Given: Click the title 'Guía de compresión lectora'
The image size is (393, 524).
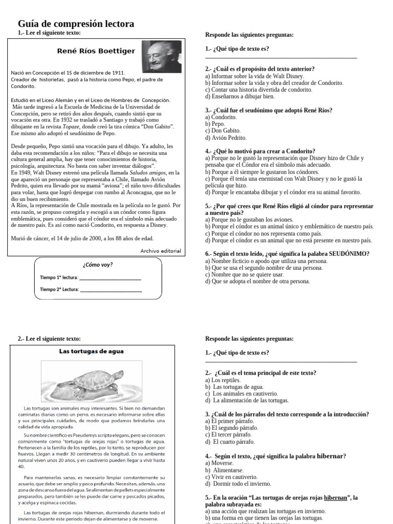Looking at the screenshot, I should (x=76, y=24).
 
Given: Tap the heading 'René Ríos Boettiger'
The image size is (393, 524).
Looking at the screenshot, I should (x=96, y=51).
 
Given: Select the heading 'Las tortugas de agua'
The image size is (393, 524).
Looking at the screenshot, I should (x=91, y=352).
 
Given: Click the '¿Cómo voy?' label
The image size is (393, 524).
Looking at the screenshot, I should (x=97, y=265).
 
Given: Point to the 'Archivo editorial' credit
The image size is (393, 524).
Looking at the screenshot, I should (x=160, y=251).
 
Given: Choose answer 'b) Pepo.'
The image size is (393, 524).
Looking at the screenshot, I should (x=215, y=124).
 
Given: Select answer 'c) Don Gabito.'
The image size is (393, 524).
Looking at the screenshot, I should (x=223, y=130).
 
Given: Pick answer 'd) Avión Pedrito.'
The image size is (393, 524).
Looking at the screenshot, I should (x=226, y=138).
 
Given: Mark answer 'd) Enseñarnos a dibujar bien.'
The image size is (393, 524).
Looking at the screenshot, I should (x=239, y=96).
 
